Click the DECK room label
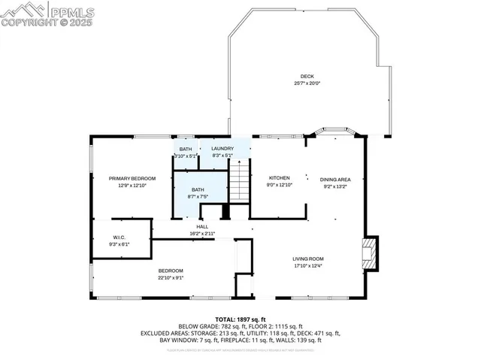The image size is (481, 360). coord(307,76)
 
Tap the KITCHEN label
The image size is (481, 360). coord(279,177)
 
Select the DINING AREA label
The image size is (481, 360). coord(335,179)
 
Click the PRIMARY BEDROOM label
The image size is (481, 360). coord(132,178)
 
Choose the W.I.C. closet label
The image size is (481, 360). coord(119,238)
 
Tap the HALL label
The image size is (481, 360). coord(202,226)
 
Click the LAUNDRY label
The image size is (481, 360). coord(222,149)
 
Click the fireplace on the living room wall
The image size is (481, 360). coord(368,253)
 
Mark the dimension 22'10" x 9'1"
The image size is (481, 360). coord(171,277)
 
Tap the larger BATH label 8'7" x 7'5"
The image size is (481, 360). coord(198,190)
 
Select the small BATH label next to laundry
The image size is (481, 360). coord(185,149)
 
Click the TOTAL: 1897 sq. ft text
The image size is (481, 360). coord(240,319)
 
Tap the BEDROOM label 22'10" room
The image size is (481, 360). coord(171,271)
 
